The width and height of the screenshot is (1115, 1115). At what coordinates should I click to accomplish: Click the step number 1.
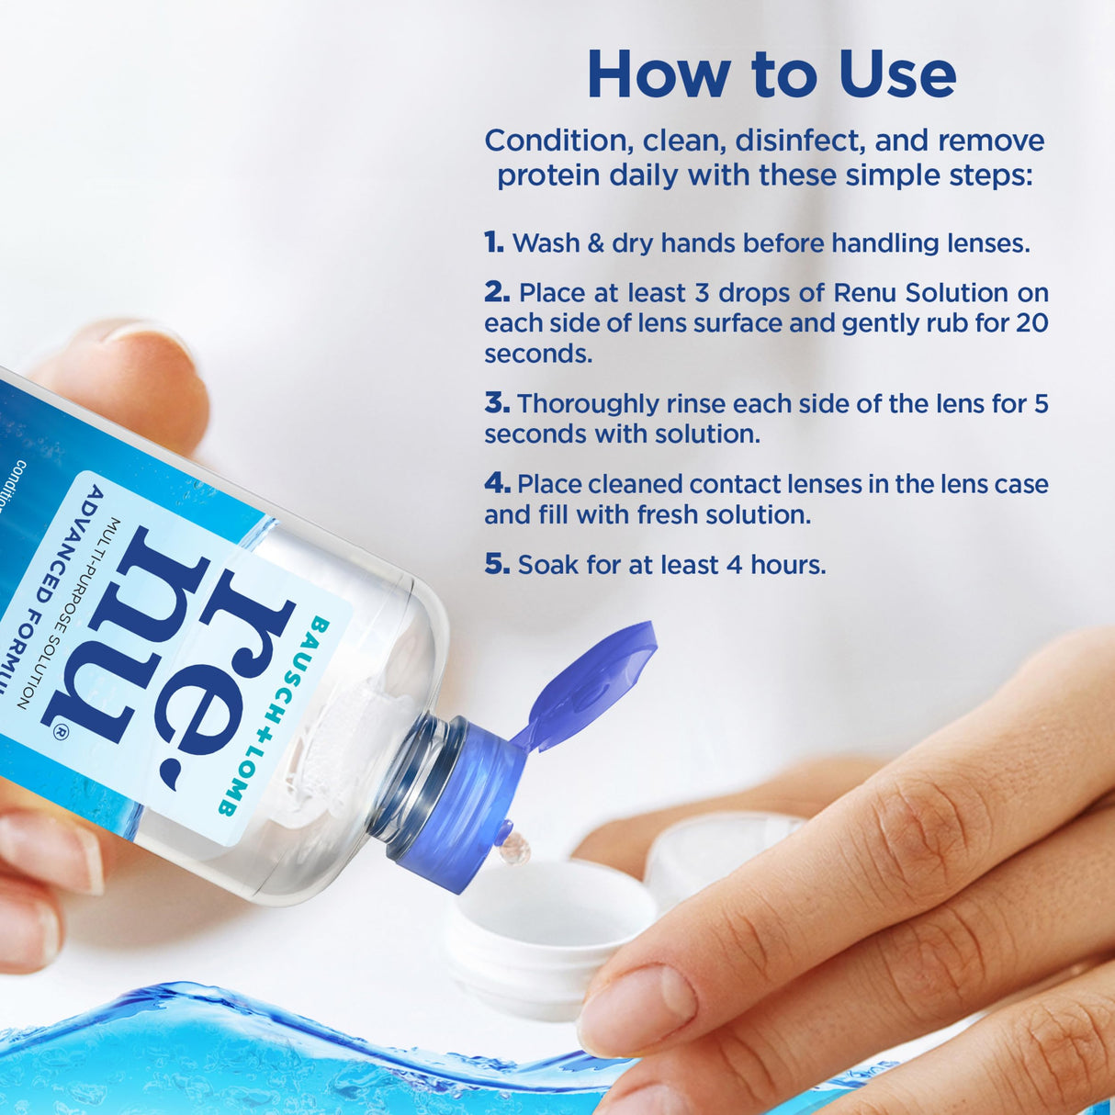point(494,242)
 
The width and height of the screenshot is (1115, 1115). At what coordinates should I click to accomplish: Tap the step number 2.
point(497,292)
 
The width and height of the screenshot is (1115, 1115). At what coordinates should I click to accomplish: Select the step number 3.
point(497,403)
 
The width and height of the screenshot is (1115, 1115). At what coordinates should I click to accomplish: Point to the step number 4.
point(497,483)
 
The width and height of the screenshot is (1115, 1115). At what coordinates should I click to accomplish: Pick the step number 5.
point(497,564)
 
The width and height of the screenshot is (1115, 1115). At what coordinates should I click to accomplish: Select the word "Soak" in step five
point(547,565)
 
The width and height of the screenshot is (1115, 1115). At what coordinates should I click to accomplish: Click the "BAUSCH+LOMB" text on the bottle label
point(276,716)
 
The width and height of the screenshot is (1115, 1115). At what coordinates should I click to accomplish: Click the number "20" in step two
point(1031,323)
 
